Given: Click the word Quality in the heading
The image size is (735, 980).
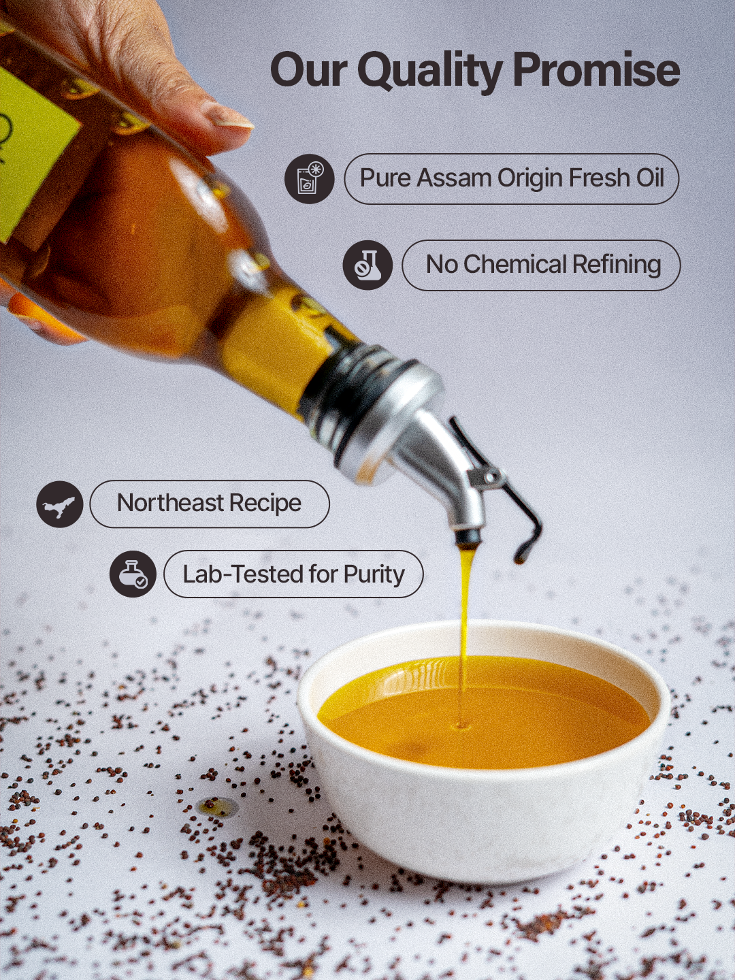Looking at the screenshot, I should coord(430,71).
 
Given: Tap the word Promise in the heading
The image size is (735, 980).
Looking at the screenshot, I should coord(595,71).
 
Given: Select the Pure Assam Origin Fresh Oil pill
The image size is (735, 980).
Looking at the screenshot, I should coord(511,178).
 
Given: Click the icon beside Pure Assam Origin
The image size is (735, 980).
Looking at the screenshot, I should coord(309,179).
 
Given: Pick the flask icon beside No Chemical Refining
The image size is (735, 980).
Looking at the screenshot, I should coord(367,265).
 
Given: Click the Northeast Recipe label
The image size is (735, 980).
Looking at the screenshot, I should coord(209,504).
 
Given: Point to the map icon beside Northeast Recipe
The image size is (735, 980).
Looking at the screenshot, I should coord(60,504).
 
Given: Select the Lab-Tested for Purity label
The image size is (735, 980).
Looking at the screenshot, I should coord(293,574).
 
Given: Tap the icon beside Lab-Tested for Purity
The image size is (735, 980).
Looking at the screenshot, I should coord(133,574).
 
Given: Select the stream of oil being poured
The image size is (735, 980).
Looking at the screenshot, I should coord(465,612).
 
